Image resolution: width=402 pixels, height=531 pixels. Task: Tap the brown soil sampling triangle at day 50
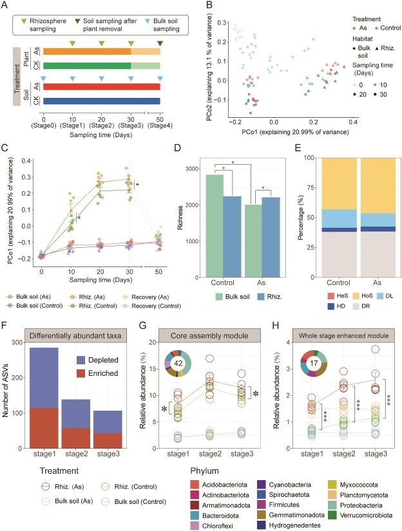point(160,43)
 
